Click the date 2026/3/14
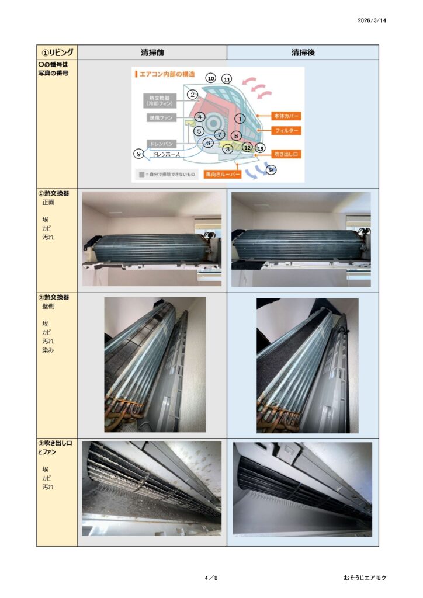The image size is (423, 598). [372, 20]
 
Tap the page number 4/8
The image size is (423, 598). [211, 578]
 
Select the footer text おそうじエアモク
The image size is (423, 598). [365, 578]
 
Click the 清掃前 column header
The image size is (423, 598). [152, 53]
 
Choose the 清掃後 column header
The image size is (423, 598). [303, 53]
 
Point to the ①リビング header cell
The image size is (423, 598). [57, 52]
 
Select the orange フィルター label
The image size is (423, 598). [286, 131]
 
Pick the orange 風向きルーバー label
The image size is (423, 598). [223, 175]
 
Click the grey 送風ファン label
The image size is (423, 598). [161, 118]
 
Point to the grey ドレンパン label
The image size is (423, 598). [162, 144]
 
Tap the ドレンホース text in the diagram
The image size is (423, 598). [165, 154]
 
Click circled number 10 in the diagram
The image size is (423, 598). [211, 78]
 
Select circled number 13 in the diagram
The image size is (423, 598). [260, 148]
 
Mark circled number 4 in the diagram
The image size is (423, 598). [199, 117]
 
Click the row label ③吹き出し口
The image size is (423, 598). [56, 443]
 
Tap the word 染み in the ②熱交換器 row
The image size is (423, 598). [48, 350]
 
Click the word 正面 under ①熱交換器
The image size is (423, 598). [48, 203]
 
